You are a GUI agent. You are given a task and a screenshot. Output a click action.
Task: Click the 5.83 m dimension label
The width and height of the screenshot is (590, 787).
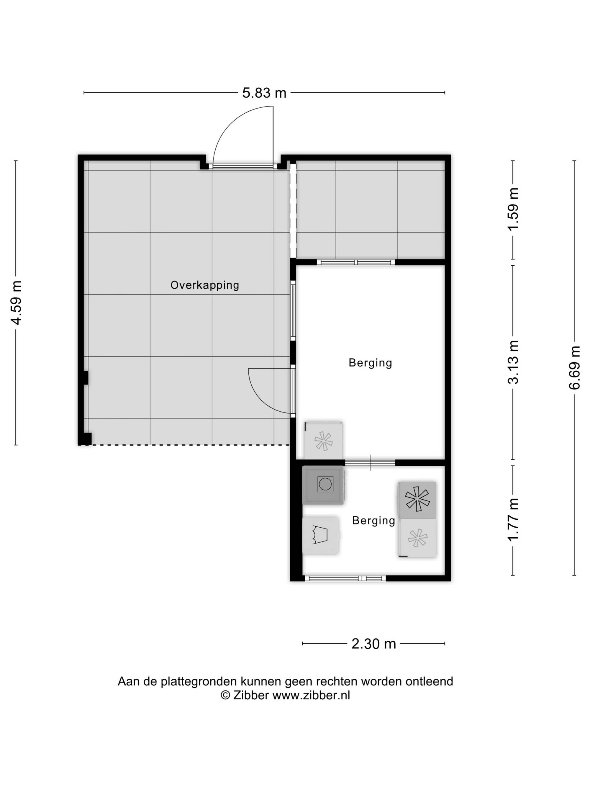click(x=264, y=93)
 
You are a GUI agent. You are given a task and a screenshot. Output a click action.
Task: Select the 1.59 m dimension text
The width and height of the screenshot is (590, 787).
click(x=513, y=209)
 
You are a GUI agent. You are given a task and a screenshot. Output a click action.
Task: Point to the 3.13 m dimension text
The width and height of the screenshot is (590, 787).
click(x=513, y=362)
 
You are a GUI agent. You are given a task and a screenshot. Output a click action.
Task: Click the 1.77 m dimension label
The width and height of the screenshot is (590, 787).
click(x=513, y=519)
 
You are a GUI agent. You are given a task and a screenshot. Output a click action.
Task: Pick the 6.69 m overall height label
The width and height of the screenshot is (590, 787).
click(x=574, y=367)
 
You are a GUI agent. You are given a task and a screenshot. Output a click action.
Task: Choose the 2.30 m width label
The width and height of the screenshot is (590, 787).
click(x=374, y=644)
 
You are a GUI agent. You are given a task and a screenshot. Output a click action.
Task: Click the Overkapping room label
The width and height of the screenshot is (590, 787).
click(x=204, y=285)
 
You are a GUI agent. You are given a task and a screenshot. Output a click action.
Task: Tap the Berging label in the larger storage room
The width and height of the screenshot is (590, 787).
click(x=370, y=363)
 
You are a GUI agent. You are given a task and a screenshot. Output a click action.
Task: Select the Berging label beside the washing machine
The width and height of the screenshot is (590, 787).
click(x=373, y=521)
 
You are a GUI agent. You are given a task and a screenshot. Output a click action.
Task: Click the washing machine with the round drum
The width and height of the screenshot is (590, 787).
click(x=323, y=484)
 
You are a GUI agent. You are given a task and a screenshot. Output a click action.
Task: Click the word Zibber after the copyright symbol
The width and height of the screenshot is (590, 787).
click(x=251, y=695)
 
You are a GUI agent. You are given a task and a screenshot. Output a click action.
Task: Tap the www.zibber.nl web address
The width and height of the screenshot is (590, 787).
click(x=311, y=695)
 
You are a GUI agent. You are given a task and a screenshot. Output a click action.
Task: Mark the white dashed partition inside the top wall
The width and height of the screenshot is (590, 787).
click(x=293, y=211)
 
